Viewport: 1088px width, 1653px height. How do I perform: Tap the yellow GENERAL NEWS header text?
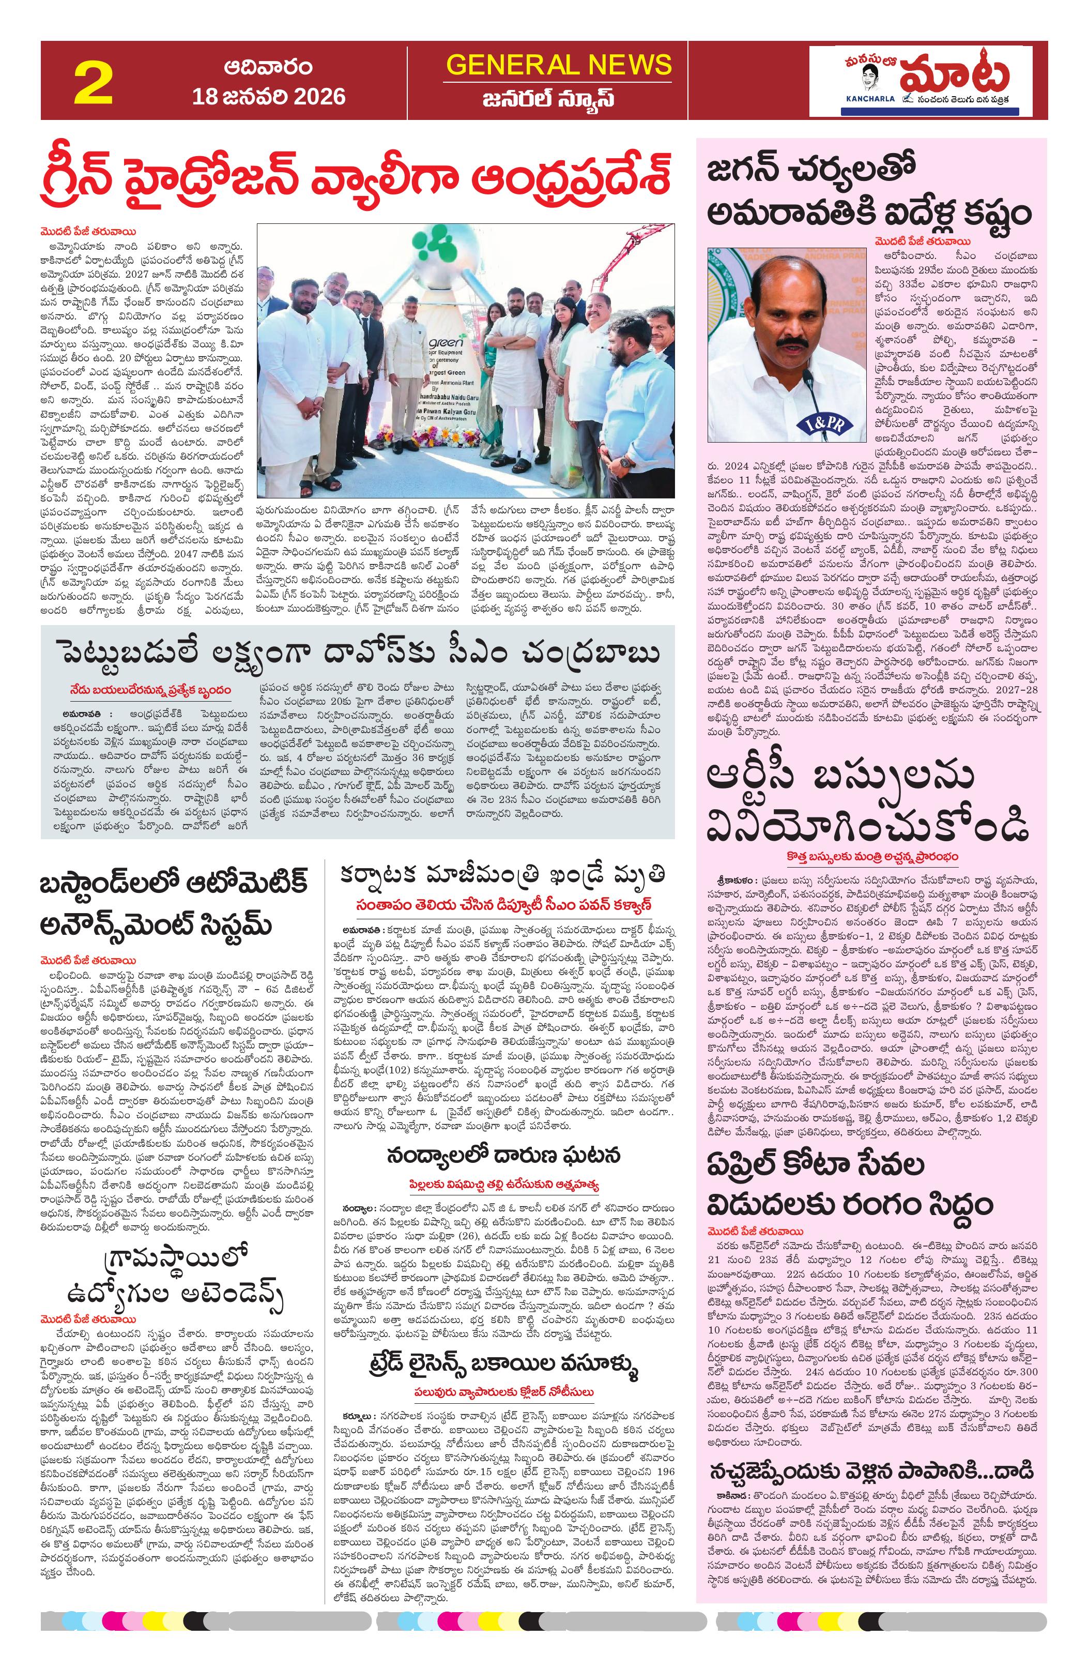(x=559, y=65)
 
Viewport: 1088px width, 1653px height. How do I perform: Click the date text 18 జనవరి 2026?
(x=269, y=96)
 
